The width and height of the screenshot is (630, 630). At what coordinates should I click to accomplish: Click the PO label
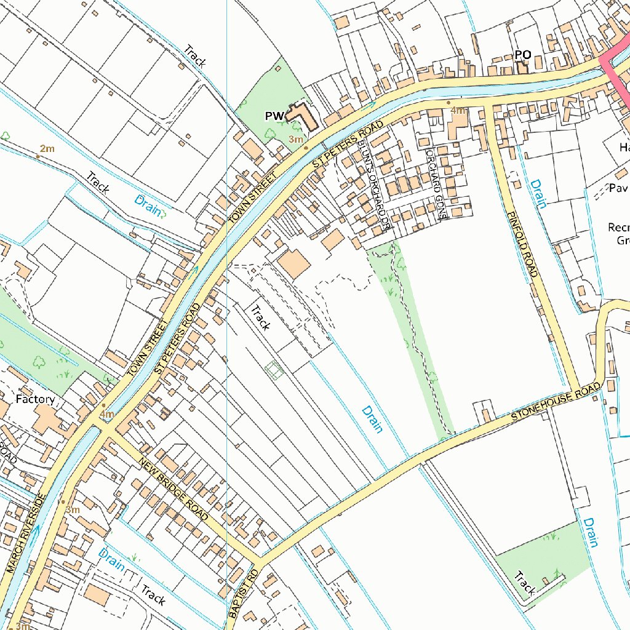click(522, 55)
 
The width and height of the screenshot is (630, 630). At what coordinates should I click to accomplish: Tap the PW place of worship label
click(274, 116)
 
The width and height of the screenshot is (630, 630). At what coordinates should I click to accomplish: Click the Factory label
click(35, 399)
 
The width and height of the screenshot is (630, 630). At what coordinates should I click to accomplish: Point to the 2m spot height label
click(47, 149)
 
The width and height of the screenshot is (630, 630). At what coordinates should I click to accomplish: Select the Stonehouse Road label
click(556, 402)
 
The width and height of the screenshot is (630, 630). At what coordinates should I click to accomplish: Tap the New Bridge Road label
click(173, 489)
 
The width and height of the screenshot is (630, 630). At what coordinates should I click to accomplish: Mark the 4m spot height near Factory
click(107, 414)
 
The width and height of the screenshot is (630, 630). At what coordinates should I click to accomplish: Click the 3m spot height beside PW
click(296, 140)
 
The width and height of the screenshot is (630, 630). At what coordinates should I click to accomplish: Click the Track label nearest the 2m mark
click(97, 182)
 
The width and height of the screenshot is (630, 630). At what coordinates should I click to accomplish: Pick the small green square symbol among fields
click(274, 370)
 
